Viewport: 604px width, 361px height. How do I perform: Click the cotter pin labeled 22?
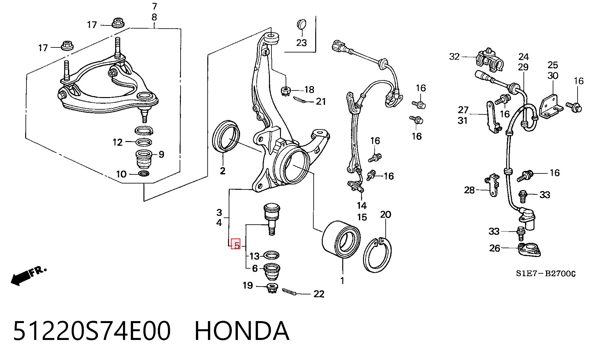click(291, 292)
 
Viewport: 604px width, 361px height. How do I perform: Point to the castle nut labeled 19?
click(272, 288)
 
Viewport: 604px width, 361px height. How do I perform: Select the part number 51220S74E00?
click(92, 331)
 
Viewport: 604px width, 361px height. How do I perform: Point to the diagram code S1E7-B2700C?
click(545, 274)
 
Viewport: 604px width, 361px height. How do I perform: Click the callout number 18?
click(309, 90)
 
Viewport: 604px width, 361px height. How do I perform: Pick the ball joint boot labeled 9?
click(143, 160)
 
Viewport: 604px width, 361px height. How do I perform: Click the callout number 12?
click(117, 142)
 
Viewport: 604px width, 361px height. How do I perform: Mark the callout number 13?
click(254, 256)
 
